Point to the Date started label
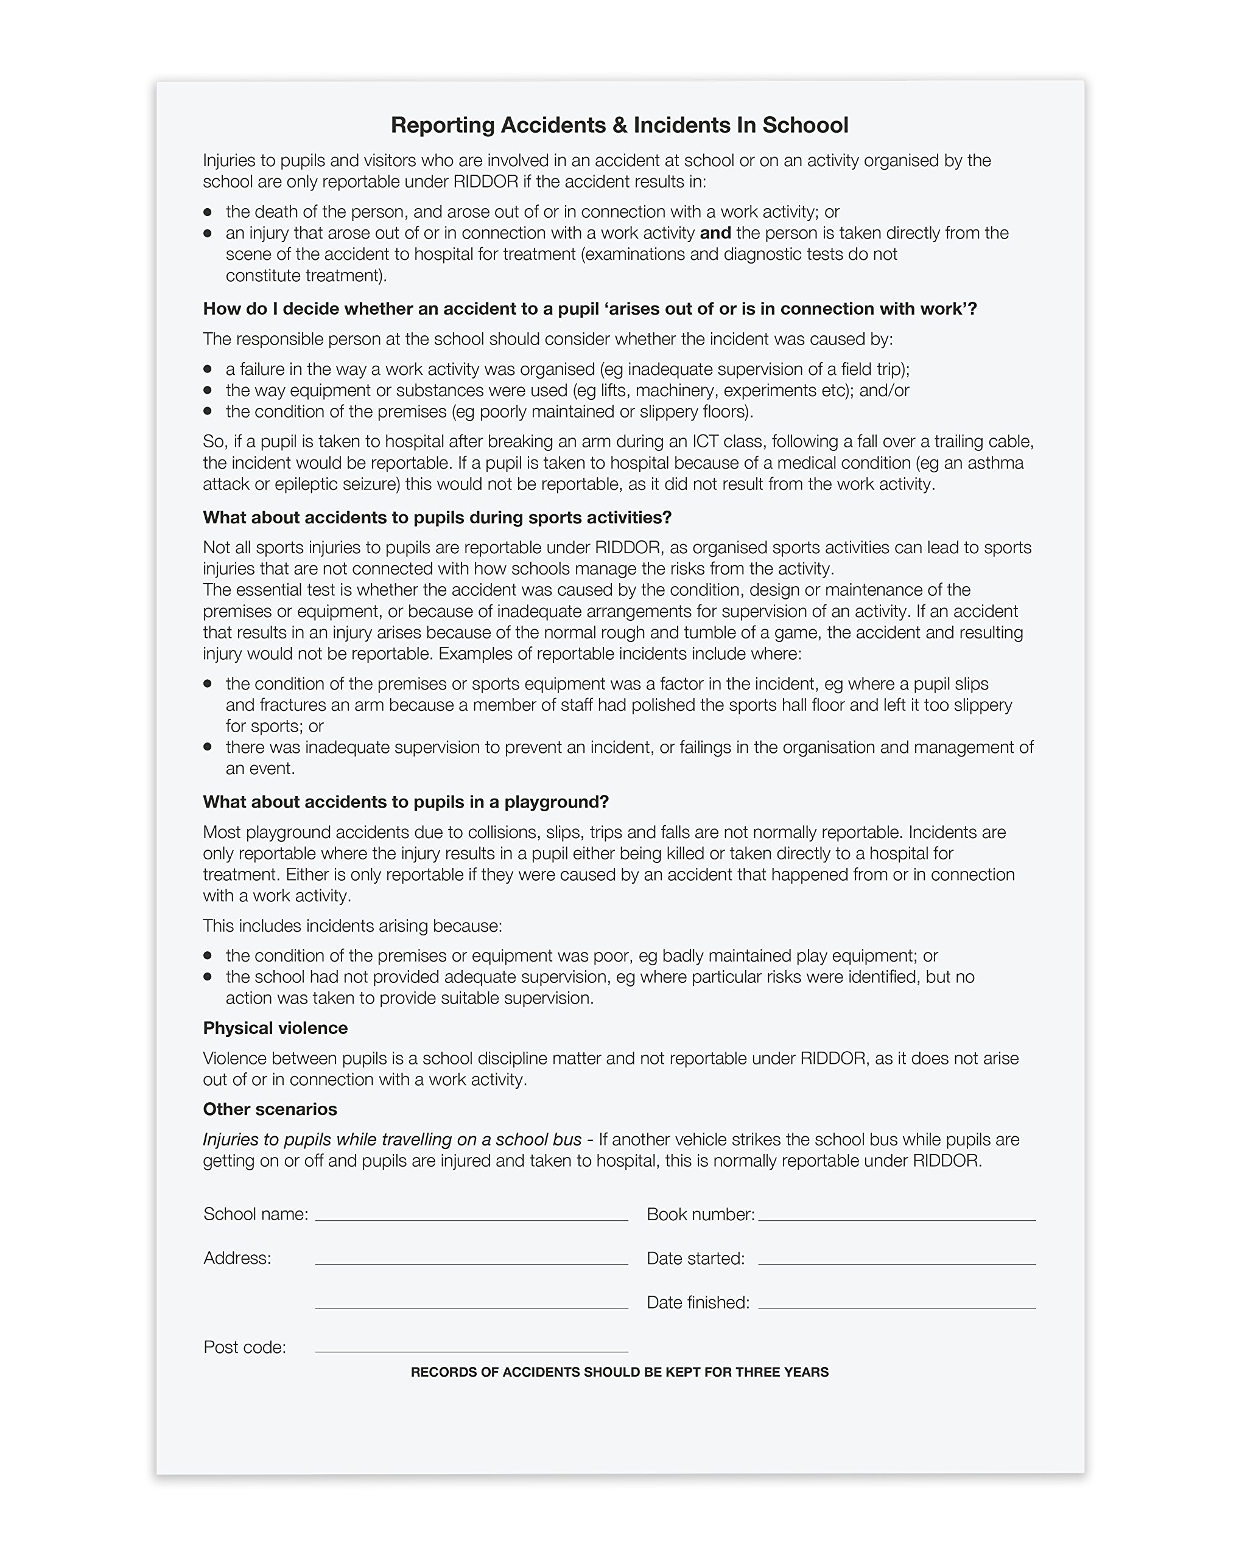click(695, 1258)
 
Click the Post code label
click(244, 1347)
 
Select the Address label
click(237, 1258)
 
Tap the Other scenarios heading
click(270, 1109)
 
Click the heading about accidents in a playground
click(405, 802)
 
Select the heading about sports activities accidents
click(437, 517)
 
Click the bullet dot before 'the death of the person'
click(208, 212)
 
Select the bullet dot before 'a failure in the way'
click(208, 369)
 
